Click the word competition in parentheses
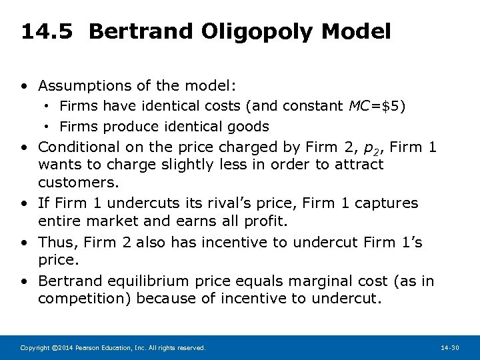(x=81, y=298)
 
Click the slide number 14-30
(x=451, y=348)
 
